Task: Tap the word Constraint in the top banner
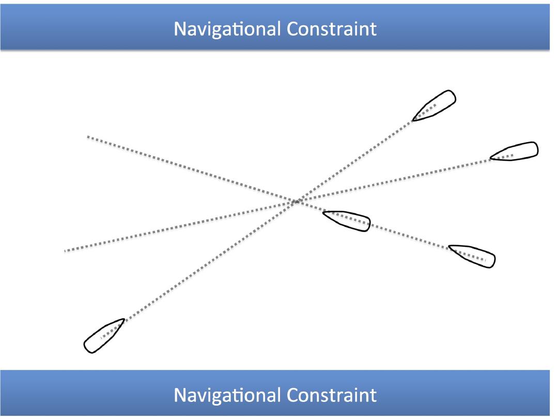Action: point(331,29)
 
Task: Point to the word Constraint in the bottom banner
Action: point(331,395)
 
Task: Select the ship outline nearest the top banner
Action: point(435,105)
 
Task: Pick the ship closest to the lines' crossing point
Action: point(347,221)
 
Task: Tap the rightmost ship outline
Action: point(514,151)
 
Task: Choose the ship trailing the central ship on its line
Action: point(472,256)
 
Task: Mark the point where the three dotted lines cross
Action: point(296,201)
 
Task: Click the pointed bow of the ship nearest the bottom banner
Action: point(124,319)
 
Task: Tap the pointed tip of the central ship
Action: point(323,212)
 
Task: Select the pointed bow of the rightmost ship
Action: point(491,158)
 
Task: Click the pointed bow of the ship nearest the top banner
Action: point(413,120)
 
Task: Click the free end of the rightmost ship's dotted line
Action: point(65,251)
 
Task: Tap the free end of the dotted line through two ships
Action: point(88,136)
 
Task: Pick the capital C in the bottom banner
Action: point(293,395)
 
